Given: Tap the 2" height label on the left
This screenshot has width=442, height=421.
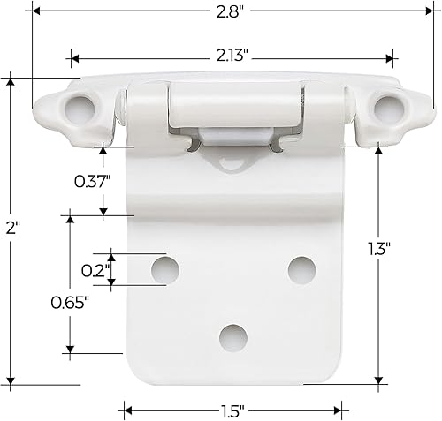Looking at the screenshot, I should (x=11, y=227).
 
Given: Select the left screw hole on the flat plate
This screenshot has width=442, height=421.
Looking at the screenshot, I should (x=164, y=268).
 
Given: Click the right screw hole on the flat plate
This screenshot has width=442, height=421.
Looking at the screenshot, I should (x=301, y=268).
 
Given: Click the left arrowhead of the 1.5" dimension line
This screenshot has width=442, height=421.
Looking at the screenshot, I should (x=123, y=410).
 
